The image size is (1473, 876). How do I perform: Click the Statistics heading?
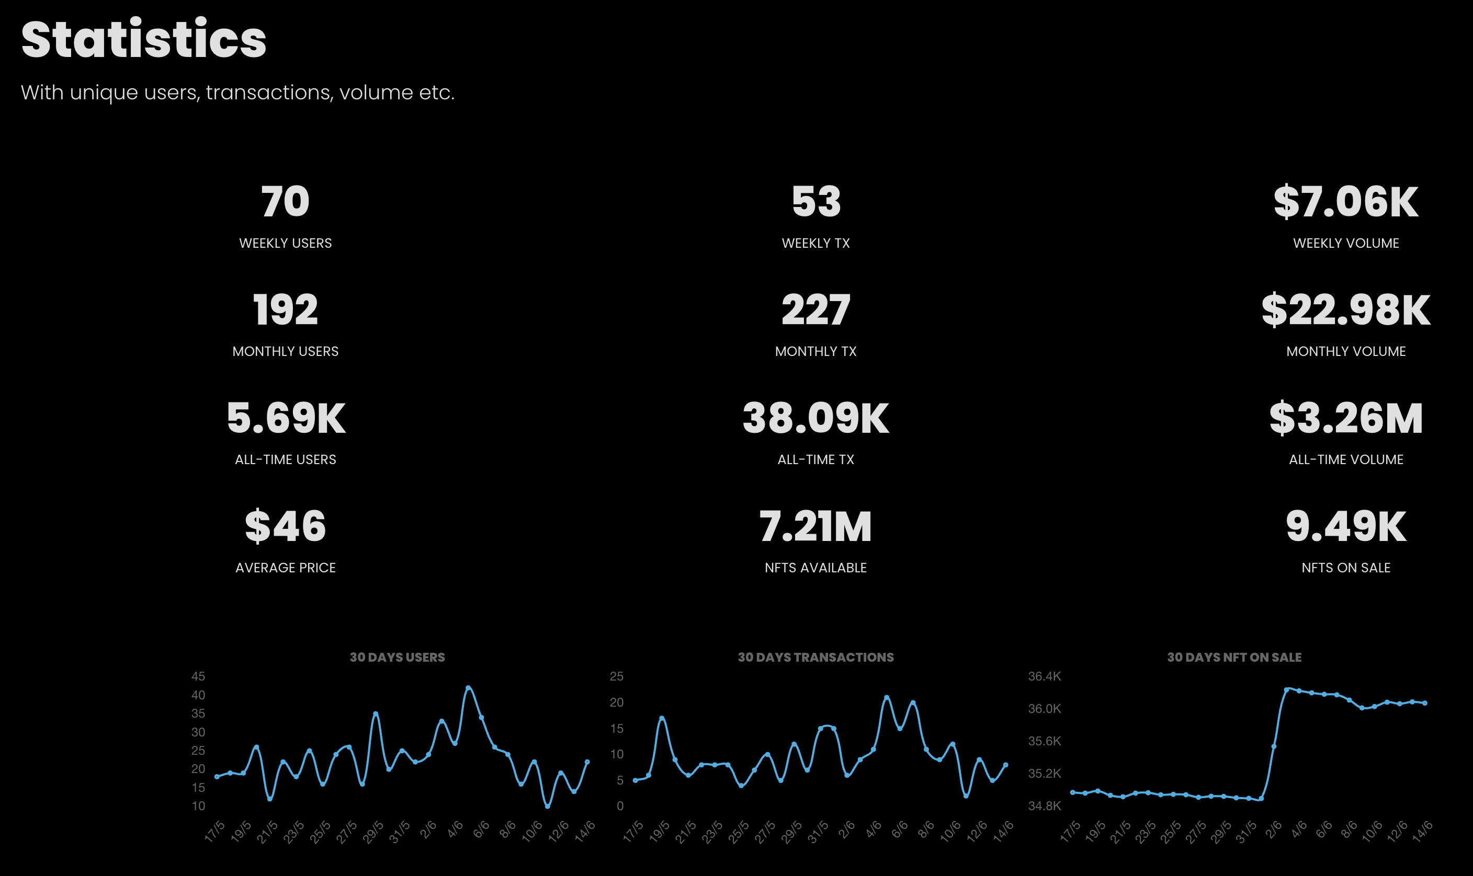click(x=143, y=39)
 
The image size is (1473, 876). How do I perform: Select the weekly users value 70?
click(x=285, y=201)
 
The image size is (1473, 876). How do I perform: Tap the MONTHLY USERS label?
click(x=285, y=351)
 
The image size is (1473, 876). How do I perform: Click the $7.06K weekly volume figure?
click(x=1345, y=201)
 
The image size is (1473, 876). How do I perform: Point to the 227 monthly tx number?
click(x=815, y=310)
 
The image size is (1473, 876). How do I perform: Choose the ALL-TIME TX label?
click(x=815, y=459)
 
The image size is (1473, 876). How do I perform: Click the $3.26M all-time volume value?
click(x=1345, y=418)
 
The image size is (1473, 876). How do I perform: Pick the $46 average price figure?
click(x=285, y=526)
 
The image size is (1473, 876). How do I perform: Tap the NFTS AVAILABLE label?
click(x=815, y=567)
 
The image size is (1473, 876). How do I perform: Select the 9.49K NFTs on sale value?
click(x=1345, y=526)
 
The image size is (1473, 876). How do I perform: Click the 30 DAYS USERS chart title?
click(x=397, y=657)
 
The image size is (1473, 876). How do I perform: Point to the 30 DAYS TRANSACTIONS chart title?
click(x=815, y=657)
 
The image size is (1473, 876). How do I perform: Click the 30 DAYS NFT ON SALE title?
click(x=1234, y=657)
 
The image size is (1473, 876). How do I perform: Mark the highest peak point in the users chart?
click(x=468, y=688)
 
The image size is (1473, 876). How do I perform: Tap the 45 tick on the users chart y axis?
click(x=198, y=676)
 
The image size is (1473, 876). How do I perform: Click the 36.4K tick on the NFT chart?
click(x=1044, y=676)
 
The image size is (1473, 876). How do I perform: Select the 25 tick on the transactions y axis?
click(x=617, y=676)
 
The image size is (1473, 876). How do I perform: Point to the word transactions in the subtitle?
click(x=269, y=93)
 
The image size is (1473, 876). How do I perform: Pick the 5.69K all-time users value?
click(x=285, y=418)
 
